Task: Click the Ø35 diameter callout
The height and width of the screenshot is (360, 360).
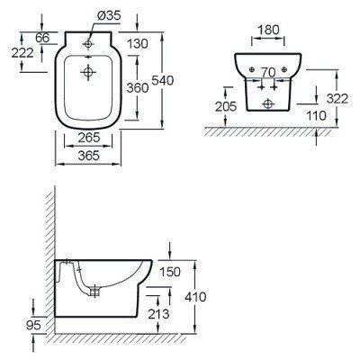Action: point(109,15)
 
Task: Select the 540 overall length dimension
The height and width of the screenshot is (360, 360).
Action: point(163,80)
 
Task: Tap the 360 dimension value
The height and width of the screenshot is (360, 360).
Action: point(138,88)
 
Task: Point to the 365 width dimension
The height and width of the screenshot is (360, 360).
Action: point(88,156)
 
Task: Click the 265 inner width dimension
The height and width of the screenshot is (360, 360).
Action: point(89,138)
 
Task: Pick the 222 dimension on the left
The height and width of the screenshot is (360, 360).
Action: point(22,53)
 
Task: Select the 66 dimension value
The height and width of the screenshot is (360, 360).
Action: point(41,38)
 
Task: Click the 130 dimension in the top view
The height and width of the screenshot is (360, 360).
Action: point(138,44)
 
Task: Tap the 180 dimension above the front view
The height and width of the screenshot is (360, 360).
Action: point(268,30)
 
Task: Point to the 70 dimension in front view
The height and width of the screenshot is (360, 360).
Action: point(268,72)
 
